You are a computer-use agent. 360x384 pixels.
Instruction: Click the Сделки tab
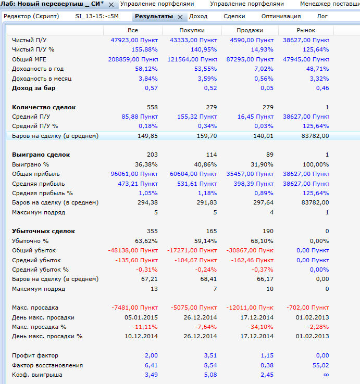click(x=234, y=16)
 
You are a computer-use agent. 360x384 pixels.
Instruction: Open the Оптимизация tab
click(x=281, y=16)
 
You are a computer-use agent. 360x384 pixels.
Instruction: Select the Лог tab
click(x=322, y=16)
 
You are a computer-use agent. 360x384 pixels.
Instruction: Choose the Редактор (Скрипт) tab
click(x=31, y=16)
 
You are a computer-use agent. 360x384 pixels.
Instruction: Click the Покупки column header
click(x=192, y=31)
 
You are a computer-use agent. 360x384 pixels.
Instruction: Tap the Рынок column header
click(x=306, y=31)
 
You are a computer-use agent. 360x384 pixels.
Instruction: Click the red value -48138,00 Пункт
click(x=133, y=250)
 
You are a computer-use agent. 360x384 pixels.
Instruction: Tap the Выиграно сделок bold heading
click(x=41, y=155)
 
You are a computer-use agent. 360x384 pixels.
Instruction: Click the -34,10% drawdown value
click(x=259, y=327)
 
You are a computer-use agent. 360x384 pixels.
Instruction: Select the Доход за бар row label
click(x=34, y=88)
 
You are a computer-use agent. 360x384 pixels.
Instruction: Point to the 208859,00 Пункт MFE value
click(x=132, y=59)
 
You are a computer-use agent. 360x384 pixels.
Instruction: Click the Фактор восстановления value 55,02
click(x=319, y=365)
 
